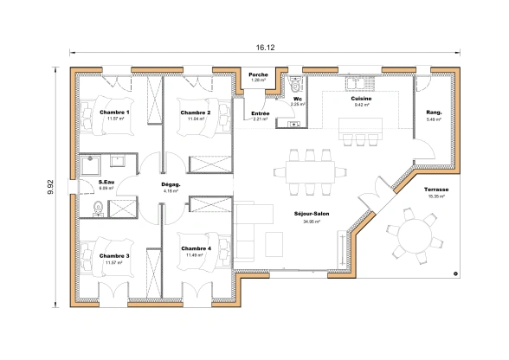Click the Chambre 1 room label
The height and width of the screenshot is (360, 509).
(x=114, y=112)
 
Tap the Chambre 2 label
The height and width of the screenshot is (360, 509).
(x=196, y=112)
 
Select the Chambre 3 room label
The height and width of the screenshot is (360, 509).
(x=114, y=256)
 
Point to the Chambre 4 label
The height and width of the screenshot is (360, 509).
(x=197, y=248)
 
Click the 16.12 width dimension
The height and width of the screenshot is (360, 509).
(x=266, y=48)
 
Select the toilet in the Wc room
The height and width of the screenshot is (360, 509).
(x=298, y=85)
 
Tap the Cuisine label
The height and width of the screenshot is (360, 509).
(x=362, y=100)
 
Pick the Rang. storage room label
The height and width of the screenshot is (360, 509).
(x=434, y=112)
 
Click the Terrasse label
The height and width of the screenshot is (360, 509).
(x=435, y=190)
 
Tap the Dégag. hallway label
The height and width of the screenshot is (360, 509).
(x=171, y=184)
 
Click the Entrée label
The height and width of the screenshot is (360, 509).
(x=260, y=113)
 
